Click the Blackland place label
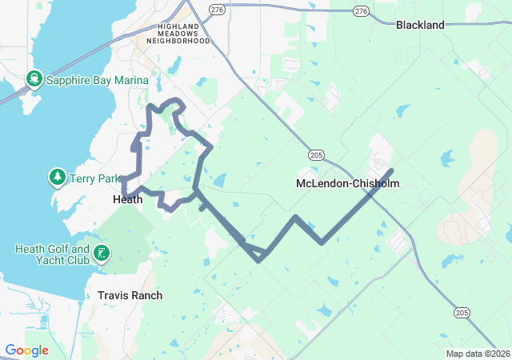[420, 25]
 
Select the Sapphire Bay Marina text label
[97, 80]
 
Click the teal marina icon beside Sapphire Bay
[34, 79]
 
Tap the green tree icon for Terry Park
[58, 176]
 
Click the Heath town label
[128, 199]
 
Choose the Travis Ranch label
[130, 295]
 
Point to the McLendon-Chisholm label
[347, 183]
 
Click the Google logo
[26, 350]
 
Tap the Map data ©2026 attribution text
[477, 354]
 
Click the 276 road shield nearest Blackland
[361, 11]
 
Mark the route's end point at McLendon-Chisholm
[390, 170]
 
